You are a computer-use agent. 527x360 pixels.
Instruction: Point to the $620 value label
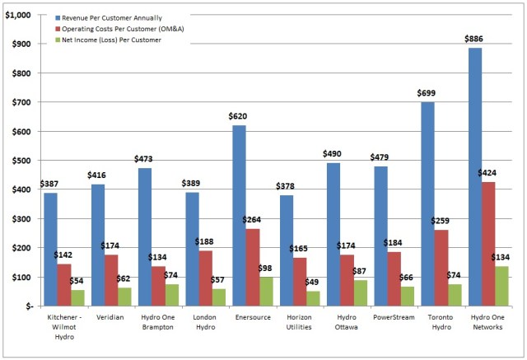click(x=238, y=116)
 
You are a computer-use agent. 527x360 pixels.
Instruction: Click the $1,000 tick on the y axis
click(x=18, y=16)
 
